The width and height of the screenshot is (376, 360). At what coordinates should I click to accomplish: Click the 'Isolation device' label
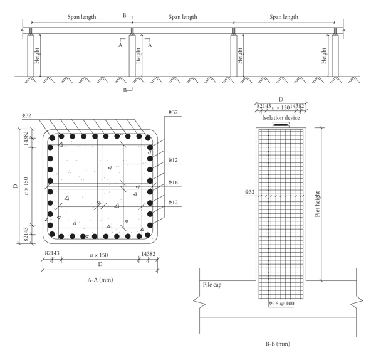[281, 118]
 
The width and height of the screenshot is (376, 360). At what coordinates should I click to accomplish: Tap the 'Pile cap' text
[212, 285]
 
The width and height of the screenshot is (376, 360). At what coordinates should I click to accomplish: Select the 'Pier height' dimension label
[318, 204]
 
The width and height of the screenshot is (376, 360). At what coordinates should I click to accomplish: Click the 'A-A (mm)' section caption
[100, 280]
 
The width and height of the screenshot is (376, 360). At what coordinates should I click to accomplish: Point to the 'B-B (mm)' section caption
[278, 344]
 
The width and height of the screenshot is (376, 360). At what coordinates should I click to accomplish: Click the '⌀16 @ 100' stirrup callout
[281, 304]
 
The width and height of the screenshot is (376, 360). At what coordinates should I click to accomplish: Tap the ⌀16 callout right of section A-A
[173, 183]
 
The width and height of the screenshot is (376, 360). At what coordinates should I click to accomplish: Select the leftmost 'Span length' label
[81, 17]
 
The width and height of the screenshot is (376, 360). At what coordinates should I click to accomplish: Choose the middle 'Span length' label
[183, 17]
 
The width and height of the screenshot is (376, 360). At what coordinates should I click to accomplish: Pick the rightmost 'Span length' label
[284, 17]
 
